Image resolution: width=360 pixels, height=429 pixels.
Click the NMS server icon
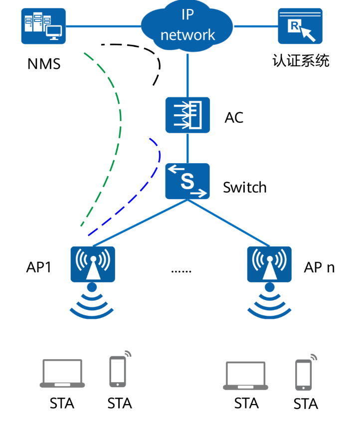43,26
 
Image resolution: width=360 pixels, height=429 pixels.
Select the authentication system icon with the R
300,26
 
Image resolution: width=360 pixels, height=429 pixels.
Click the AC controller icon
187,115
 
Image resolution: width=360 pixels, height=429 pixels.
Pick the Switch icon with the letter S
187,181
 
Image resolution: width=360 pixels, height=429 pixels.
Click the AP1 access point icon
93,264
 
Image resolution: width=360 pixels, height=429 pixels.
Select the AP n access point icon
269,264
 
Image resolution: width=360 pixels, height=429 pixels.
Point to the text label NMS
44,64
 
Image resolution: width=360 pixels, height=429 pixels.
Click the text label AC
234,118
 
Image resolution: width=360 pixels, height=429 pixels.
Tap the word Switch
245,188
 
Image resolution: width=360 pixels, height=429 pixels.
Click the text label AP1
39,267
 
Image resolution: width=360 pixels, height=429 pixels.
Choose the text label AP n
319,267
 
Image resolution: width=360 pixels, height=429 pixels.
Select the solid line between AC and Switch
187,148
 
